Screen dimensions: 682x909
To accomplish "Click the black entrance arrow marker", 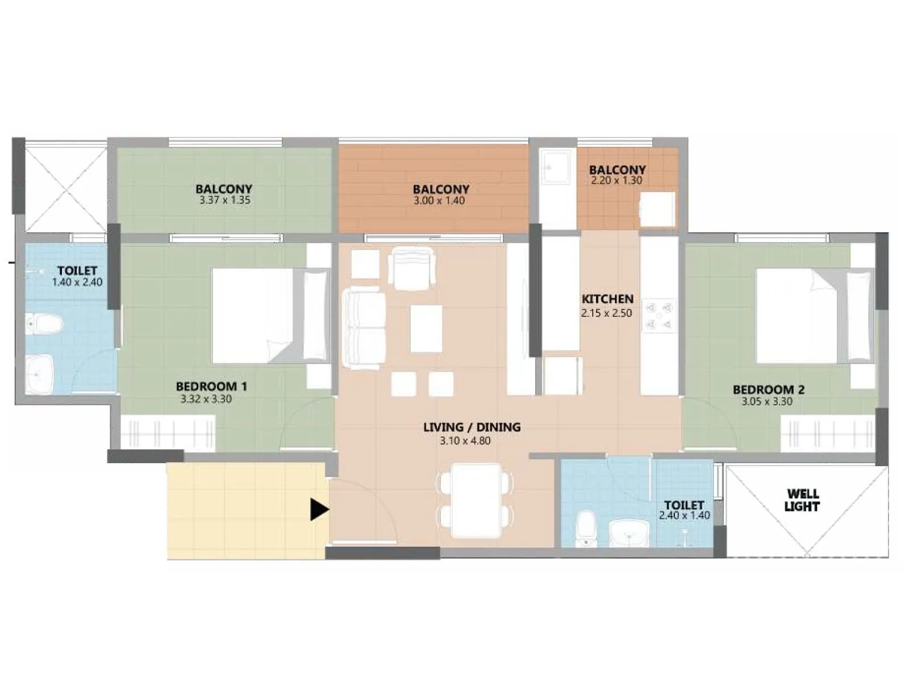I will click(319, 509).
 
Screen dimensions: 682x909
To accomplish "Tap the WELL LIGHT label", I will click(802, 500).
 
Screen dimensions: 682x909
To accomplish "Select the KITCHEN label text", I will click(607, 299).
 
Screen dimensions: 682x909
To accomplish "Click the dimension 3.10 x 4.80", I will click(465, 440).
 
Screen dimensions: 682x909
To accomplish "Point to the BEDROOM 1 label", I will click(211, 386).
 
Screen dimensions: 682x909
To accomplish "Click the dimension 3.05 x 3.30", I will click(766, 401).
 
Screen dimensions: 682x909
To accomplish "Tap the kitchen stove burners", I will click(660, 316).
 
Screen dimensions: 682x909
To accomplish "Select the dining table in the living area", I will click(476, 500).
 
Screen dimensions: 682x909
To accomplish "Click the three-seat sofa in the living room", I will click(362, 328).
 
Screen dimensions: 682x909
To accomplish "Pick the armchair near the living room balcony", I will click(412, 268).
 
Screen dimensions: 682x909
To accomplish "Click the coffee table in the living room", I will click(426, 328).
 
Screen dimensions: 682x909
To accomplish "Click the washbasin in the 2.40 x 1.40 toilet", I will click(629, 533).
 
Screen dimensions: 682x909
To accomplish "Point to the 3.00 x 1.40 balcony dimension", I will click(439, 201).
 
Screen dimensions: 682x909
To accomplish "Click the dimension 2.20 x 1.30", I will click(616, 181).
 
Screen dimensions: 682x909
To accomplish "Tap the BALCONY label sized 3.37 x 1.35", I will click(224, 189).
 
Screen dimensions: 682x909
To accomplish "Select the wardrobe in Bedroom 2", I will click(828, 433).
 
